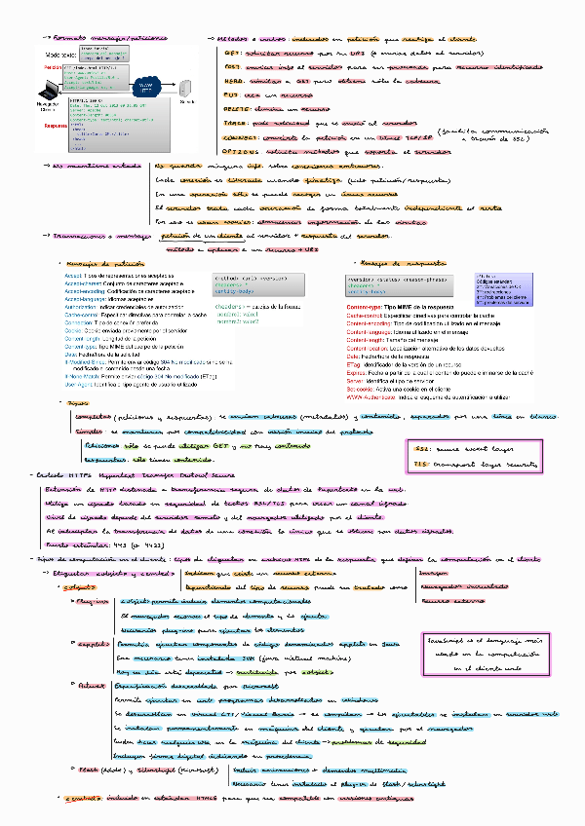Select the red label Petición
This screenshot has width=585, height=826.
(54, 67)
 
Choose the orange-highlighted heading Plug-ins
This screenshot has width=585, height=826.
(91, 602)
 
